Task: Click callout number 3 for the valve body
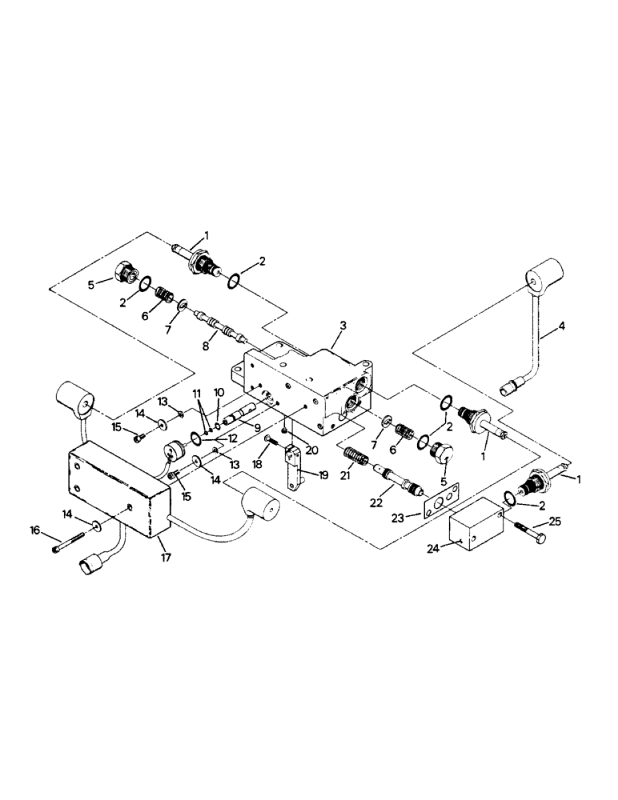343,326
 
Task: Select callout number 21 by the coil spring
347,477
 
